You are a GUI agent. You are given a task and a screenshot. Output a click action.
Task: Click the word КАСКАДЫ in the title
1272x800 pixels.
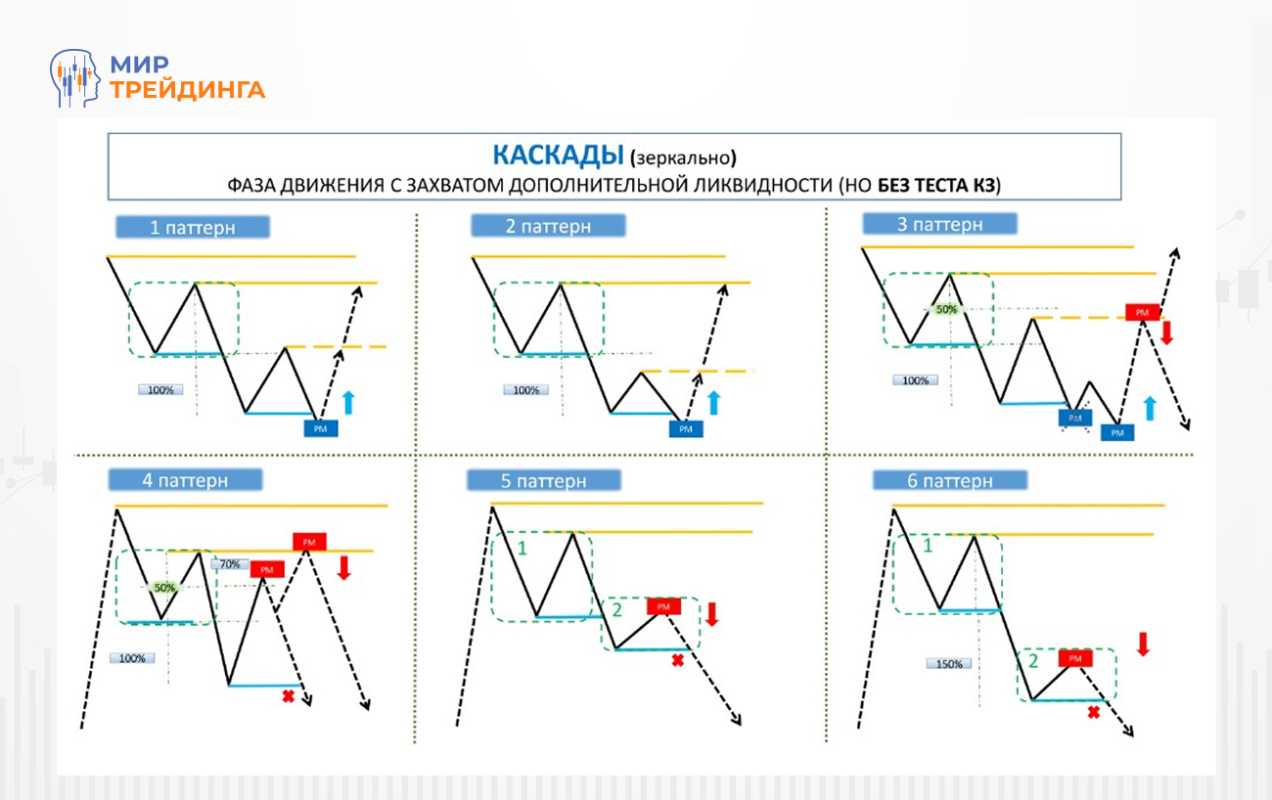coord(557,155)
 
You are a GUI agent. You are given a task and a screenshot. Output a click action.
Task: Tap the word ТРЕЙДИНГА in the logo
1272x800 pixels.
coord(188,90)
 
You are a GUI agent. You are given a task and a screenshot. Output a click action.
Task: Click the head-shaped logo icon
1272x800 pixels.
coord(76,77)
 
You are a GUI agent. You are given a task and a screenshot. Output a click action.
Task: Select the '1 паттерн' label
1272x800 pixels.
coord(193,228)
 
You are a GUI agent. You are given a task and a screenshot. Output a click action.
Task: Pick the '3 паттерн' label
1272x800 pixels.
coord(939,224)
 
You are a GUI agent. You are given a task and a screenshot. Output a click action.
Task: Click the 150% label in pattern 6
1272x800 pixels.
coord(947,663)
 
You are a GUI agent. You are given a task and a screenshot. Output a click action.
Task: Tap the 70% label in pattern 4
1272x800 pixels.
coord(230,564)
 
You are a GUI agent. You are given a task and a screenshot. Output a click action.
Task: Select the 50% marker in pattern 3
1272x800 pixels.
coord(946,309)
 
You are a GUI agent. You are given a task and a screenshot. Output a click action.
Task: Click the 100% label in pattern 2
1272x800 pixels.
coord(525,390)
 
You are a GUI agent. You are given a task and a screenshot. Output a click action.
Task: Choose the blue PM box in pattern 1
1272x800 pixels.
coord(321,427)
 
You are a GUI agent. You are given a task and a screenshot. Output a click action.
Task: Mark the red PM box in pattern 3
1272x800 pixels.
coord(1142,313)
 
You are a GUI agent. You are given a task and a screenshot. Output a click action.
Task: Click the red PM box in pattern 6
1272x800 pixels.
coord(1074,659)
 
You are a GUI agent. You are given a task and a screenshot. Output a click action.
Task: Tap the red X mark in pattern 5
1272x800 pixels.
coord(676,661)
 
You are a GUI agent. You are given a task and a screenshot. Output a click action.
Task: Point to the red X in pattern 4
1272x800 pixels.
coord(288,696)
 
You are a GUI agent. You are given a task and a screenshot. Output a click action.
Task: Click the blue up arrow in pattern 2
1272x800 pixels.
coord(713,402)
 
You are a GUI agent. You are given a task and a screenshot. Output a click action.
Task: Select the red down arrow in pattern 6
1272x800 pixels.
coord(1142,644)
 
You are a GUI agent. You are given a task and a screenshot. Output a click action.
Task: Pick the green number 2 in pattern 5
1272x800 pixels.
coord(616,612)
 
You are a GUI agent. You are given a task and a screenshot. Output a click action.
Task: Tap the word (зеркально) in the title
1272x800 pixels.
coord(683,156)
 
